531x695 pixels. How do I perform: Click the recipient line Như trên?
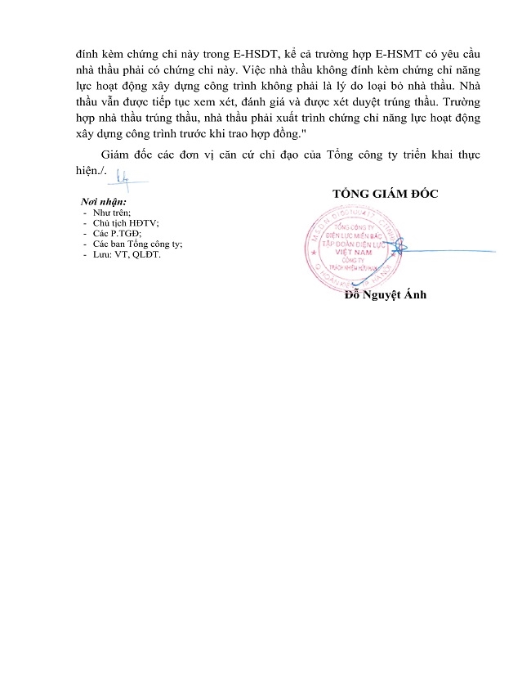[111, 212]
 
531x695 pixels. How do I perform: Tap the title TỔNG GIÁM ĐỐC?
[385, 194]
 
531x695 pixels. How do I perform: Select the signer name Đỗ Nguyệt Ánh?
[385, 294]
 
